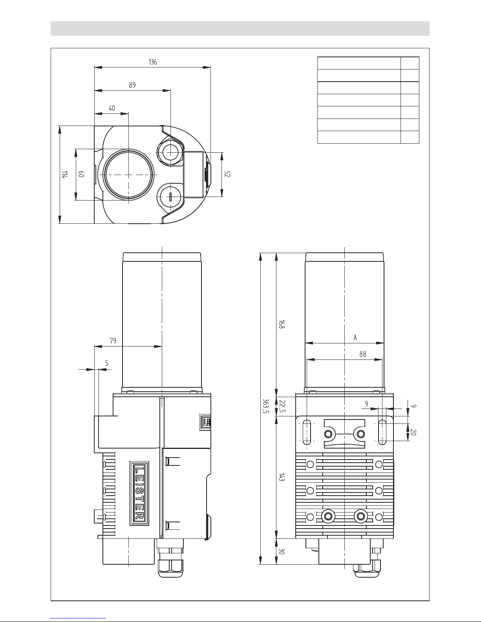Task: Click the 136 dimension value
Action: (153, 62)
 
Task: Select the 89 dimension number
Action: (132, 85)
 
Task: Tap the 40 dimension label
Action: (112, 108)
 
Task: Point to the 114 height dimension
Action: (65, 174)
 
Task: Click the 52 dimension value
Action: (227, 174)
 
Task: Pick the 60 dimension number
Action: (81, 174)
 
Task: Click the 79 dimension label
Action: (113, 341)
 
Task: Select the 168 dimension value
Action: (282, 324)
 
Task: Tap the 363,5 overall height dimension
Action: (266, 406)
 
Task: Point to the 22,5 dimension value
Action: (282, 407)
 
